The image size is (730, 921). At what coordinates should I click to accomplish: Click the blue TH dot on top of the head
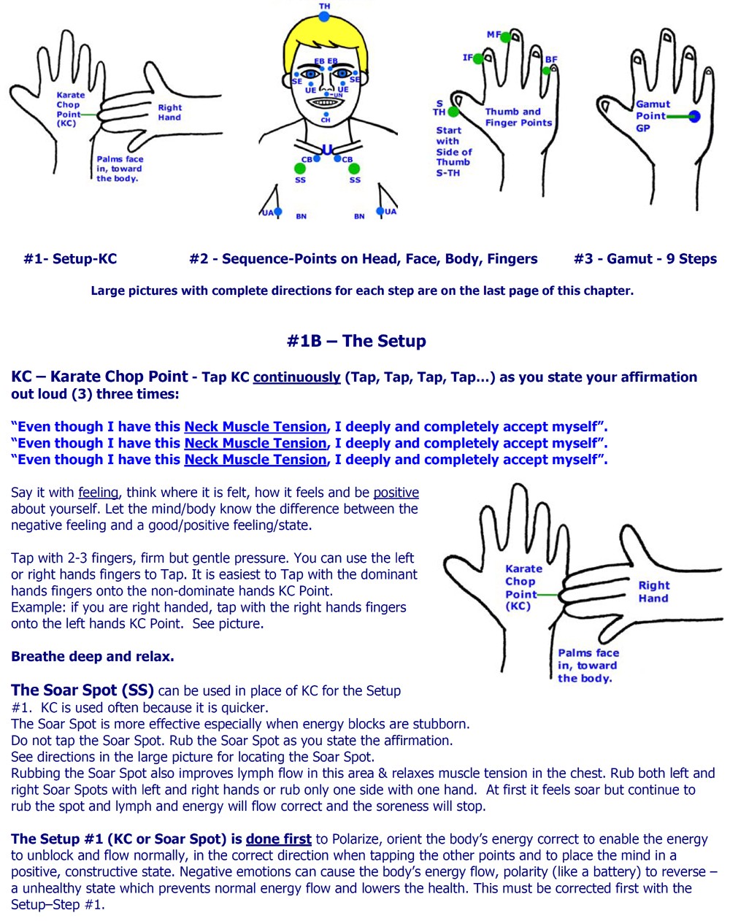click(x=324, y=17)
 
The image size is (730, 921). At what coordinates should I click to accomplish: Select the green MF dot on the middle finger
click(x=505, y=37)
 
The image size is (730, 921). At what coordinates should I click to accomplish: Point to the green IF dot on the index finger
click(x=478, y=58)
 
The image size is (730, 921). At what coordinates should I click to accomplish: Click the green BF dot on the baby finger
click(x=546, y=71)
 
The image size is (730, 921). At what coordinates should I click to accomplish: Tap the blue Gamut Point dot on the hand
click(x=693, y=116)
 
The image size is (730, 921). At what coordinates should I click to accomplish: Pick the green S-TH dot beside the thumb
click(x=453, y=112)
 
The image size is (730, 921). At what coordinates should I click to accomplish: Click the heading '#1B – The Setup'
click(x=356, y=341)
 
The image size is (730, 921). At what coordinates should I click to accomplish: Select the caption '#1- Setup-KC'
click(x=70, y=258)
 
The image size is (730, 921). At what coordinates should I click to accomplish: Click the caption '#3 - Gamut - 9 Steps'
click(x=645, y=258)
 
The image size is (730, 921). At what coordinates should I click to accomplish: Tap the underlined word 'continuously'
click(x=296, y=377)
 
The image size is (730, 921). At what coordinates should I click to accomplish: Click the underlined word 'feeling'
click(x=98, y=493)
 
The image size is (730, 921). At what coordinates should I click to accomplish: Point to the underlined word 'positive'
click(x=396, y=493)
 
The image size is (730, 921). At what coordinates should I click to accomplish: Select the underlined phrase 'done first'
click(x=278, y=839)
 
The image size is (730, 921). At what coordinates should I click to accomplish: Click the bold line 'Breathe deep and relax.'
click(x=93, y=656)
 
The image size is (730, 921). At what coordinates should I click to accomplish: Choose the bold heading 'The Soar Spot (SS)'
click(x=82, y=690)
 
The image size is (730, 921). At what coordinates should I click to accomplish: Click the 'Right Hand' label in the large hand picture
click(x=653, y=592)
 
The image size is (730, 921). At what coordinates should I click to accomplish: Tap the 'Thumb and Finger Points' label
click(x=518, y=117)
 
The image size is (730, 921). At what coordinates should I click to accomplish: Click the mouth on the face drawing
click(x=323, y=103)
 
